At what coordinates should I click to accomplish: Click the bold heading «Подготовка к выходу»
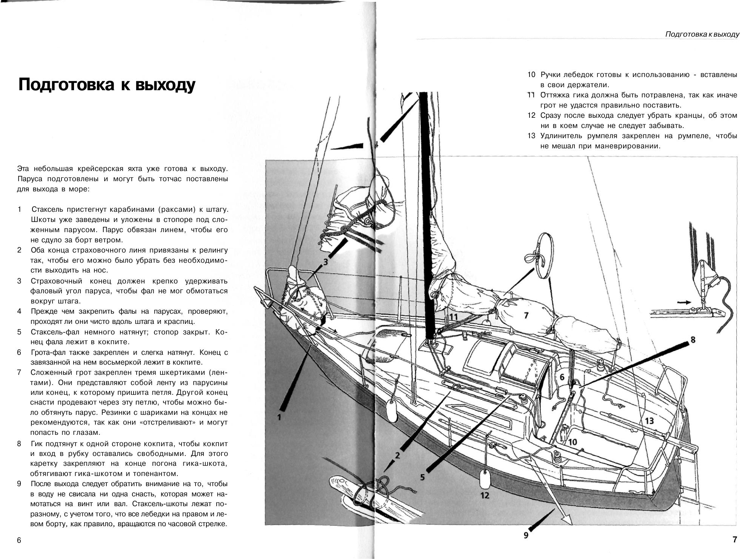(x=107, y=85)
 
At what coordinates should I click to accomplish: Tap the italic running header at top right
(x=702, y=34)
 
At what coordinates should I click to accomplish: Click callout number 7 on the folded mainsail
(x=526, y=315)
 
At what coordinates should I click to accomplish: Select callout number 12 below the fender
(x=485, y=495)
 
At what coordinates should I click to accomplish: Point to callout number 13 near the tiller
(x=649, y=420)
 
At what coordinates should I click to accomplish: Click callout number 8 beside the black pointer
(x=693, y=340)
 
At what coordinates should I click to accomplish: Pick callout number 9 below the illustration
(x=526, y=535)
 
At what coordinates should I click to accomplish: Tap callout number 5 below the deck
(x=422, y=477)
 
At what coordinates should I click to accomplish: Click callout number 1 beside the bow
(x=280, y=417)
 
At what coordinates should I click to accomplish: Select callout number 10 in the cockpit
(x=573, y=442)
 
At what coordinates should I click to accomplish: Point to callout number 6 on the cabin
(x=562, y=377)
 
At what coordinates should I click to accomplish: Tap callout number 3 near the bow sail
(x=326, y=261)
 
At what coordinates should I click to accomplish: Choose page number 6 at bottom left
(x=19, y=541)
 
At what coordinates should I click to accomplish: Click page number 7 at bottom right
(x=734, y=540)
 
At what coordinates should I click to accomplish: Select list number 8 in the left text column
(x=19, y=444)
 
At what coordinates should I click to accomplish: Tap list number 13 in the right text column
(x=531, y=136)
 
